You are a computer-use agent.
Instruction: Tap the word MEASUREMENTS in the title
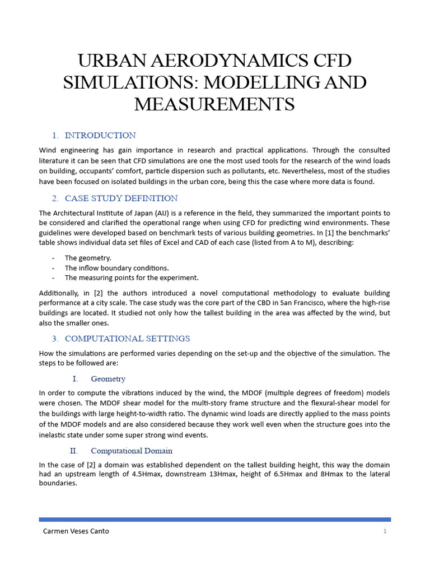tap(214, 104)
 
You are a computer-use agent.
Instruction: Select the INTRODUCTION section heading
tap(100, 135)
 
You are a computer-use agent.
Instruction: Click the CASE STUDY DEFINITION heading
tap(121, 198)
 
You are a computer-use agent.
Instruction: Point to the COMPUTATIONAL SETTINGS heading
tap(127, 339)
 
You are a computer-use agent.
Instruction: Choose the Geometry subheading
tap(108, 379)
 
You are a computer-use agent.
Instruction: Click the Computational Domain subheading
tap(132, 451)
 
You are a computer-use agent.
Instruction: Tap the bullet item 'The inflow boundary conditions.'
tap(116, 268)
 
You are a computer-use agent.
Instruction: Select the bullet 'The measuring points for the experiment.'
tap(132, 277)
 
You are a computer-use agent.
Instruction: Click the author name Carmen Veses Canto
tap(76, 531)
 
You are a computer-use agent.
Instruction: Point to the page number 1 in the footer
tap(385, 531)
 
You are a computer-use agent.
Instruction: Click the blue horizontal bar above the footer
tap(214, 519)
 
